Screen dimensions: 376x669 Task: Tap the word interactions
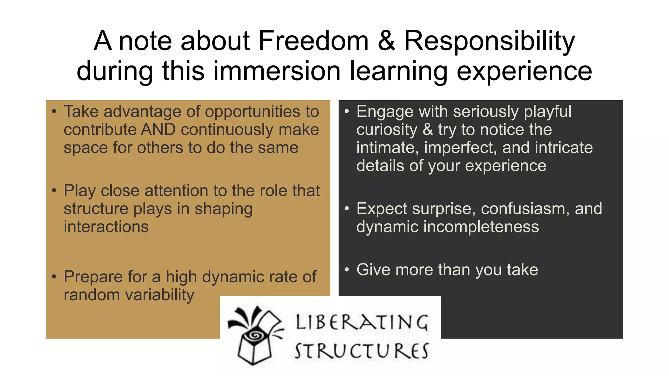106,227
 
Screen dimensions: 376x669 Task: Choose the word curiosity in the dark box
387,130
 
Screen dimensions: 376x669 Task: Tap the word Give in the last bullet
373,270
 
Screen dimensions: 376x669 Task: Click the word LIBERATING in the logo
361,322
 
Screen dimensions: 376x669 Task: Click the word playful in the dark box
547,112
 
